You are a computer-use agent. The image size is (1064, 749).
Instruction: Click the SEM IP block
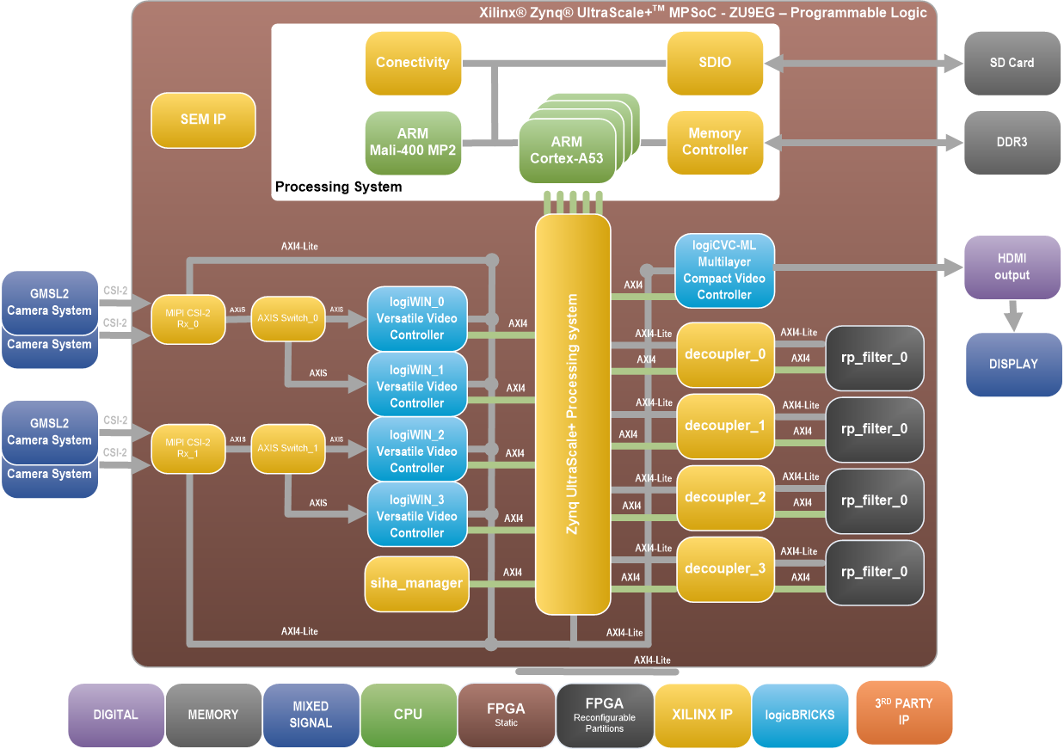(x=203, y=120)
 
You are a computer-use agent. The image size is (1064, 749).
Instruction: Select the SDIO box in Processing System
(x=715, y=64)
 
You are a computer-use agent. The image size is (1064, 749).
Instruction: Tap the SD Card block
(x=1012, y=64)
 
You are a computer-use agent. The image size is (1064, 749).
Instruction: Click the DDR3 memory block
(x=1012, y=143)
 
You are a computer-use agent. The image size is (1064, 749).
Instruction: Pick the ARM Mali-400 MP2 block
(x=413, y=143)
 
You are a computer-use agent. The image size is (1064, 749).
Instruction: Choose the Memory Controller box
(x=715, y=143)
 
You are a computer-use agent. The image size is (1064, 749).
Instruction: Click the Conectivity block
(x=413, y=64)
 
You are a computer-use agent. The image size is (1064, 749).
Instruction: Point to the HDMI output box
(x=1012, y=267)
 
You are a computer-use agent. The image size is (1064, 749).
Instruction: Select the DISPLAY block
(x=1013, y=365)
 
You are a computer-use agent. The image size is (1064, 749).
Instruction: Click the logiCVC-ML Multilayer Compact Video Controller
(x=724, y=270)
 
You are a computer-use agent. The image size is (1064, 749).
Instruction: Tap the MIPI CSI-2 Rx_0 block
(x=188, y=318)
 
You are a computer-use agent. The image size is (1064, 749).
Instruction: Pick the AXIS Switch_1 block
(x=288, y=448)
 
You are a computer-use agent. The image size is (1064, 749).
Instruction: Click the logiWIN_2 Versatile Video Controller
(x=417, y=450)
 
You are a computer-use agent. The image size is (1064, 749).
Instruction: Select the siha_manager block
(x=417, y=584)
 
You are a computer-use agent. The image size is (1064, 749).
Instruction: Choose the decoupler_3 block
(x=725, y=569)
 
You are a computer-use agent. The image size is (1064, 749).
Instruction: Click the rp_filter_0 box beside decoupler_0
(x=874, y=357)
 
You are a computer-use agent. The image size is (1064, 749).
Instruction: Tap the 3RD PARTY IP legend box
(x=904, y=713)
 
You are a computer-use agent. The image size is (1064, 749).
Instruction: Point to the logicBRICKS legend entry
(x=800, y=715)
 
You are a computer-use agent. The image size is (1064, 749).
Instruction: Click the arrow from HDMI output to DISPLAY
(x=1014, y=316)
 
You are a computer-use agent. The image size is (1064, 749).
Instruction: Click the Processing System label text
(x=338, y=187)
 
